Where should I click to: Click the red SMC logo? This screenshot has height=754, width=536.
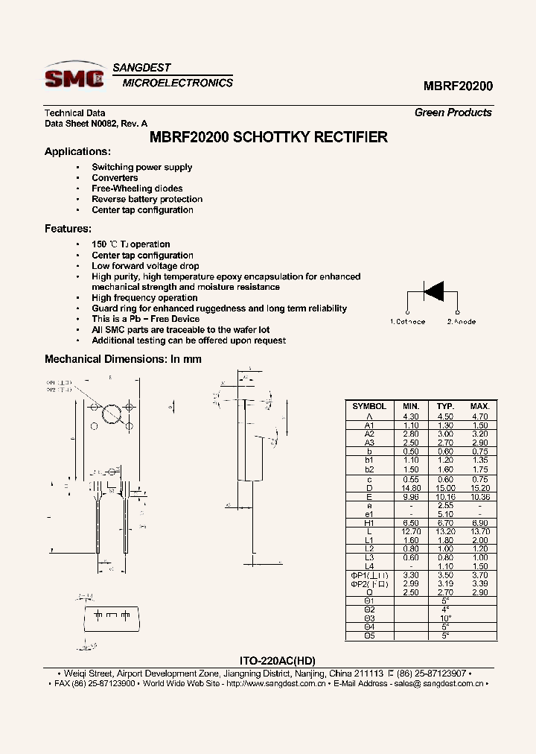tap(74, 77)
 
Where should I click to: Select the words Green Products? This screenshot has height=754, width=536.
tap(453, 113)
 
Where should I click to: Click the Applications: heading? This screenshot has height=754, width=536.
tap(77, 151)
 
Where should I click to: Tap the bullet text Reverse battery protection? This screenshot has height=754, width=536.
tap(147, 199)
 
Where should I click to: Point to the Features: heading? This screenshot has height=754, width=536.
tap(68, 229)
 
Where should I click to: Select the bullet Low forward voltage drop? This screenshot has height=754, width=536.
tap(145, 266)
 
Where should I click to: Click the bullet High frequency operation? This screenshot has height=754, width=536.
tap(144, 298)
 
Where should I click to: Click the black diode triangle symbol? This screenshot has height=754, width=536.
tap(433, 290)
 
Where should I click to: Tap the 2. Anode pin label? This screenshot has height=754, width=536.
tap(462, 322)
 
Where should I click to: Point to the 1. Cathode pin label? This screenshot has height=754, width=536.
tap(408, 322)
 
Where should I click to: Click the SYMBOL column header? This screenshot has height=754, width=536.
tap(369, 406)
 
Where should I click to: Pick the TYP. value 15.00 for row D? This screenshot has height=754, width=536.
tap(445, 488)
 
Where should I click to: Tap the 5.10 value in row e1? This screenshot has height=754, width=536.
tap(445, 514)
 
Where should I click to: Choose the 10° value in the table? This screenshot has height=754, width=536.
tap(445, 618)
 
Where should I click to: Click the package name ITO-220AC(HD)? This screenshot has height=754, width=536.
tap(280, 661)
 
